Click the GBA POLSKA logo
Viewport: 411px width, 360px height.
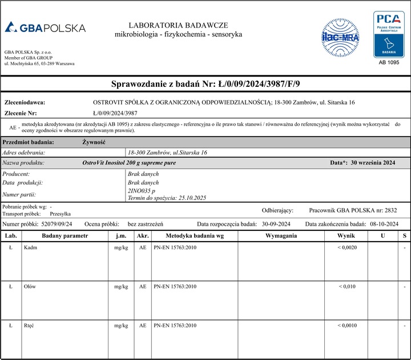45,27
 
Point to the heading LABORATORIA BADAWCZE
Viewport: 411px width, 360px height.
178,25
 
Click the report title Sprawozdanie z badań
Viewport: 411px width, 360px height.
205,84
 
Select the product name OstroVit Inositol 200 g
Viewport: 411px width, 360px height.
129,163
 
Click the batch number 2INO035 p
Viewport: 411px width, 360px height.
143,190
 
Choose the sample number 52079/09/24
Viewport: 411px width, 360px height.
57,224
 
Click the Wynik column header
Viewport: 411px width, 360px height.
345,235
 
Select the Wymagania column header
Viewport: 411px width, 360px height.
281,235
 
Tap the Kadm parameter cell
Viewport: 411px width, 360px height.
30,247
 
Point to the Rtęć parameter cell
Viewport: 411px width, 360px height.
30,325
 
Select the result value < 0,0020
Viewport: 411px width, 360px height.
346,247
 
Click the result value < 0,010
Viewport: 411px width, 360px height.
346,286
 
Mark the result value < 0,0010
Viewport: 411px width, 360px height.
346,325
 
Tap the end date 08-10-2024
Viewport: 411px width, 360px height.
384,224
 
